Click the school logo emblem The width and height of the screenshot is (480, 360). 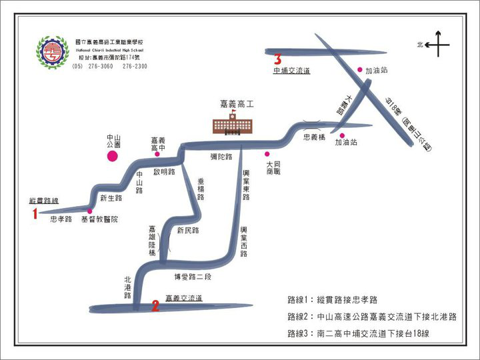pyautogui.click(x=52, y=53)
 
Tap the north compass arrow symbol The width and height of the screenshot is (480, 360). pyautogui.click(x=437, y=45)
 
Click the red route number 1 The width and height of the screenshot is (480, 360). pyautogui.click(x=34, y=213)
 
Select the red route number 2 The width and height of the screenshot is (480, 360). pyautogui.click(x=155, y=306)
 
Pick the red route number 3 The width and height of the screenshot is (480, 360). pyautogui.click(x=277, y=59)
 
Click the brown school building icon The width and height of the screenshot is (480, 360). pyautogui.click(x=233, y=125)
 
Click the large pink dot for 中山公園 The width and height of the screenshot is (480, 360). pyautogui.click(x=113, y=156)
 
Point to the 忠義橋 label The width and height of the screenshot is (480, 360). pyautogui.click(x=314, y=137)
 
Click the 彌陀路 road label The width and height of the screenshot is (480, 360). pyautogui.click(x=221, y=157)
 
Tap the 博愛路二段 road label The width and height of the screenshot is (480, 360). pyautogui.click(x=192, y=277)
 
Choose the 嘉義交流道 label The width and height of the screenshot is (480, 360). pyautogui.click(x=183, y=298)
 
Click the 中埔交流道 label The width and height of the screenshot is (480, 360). pyautogui.click(x=291, y=70)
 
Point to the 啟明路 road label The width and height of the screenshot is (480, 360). pyautogui.click(x=163, y=171)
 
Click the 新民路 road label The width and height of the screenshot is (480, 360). pyautogui.click(x=188, y=231)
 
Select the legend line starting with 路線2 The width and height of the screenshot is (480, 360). pyautogui.click(x=371, y=317)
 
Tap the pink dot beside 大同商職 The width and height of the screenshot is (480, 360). pyautogui.click(x=267, y=154)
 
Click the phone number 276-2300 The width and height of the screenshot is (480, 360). pyautogui.click(x=135, y=67)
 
